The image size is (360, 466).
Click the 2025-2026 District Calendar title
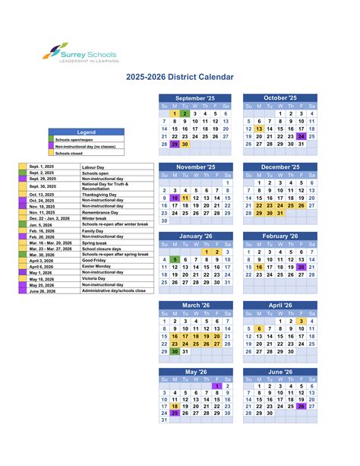(x=180, y=77)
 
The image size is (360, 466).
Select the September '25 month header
(x=195, y=99)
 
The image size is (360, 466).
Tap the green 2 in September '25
(x=185, y=113)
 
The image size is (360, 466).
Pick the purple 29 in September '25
(x=175, y=144)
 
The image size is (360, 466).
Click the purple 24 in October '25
(x=302, y=137)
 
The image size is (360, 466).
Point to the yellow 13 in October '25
(x=259, y=129)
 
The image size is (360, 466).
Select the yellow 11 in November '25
(x=185, y=198)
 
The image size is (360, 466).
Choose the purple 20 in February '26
(x=302, y=268)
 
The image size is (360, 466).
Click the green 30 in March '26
(x=175, y=352)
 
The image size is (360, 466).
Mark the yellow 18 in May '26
(x=175, y=406)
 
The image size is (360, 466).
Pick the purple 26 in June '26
(x=302, y=406)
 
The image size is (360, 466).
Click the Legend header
(x=87, y=132)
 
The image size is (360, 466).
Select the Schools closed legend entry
(x=74, y=153)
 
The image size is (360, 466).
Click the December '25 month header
(x=280, y=167)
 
